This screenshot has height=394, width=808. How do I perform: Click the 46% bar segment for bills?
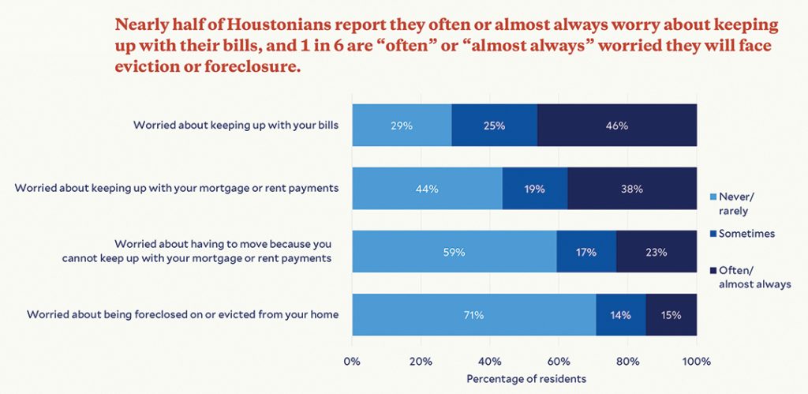(x=617, y=126)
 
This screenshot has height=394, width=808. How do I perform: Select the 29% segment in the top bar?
(x=402, y=126)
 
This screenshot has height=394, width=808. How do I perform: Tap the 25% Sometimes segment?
(x=495, y=126)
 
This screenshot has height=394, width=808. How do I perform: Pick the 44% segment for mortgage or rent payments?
(x=427, y=188)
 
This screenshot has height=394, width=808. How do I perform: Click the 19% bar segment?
(x=535, y=188)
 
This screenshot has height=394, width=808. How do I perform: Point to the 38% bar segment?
(x=632, y=188)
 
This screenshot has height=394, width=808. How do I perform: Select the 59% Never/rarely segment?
(x=454, y=252)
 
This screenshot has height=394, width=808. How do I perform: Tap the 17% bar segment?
(x=586, y=252)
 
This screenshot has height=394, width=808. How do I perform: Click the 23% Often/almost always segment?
(x=656, y=252)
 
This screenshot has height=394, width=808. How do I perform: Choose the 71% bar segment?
(x=474, y=314)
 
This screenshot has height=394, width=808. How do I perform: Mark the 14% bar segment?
(x=621, y=314)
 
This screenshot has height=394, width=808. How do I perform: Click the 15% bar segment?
(x=671, y=314)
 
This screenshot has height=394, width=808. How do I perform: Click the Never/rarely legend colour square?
(x=713, y=197)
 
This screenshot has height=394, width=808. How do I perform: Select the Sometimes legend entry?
(x=743, y=234)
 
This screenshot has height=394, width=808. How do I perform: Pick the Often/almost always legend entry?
(x=750, y=277)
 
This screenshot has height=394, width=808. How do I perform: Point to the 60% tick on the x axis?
(x=559, y=361)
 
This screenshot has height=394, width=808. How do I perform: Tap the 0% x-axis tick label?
(x=352, y=361)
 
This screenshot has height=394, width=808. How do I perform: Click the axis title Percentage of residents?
(x=526, y=379)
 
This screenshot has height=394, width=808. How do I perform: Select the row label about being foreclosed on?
(x=182, y=314)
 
